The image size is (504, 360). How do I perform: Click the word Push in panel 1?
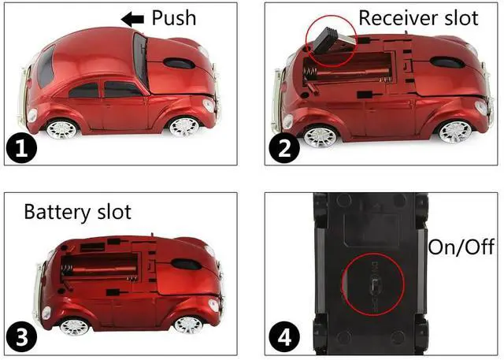[173, 17]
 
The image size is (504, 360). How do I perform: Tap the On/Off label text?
[461, 247]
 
